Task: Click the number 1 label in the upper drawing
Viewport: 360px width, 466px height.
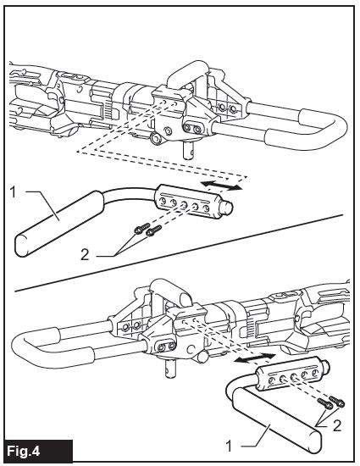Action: pyautogui.click(x=13, y=192)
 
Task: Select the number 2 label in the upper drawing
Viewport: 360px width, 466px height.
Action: pyautogui.click(x=85, y=255)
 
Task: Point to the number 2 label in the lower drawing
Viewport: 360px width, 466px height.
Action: pyautogui.click(x=337, y=426)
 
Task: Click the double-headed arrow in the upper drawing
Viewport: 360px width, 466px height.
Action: pyautogui.click(x=221, y=185)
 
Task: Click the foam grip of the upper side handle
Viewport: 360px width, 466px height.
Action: pyautogui.click(x=59, y=224)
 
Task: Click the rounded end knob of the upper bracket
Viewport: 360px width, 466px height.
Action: pyautogui.click(x=228, y=207)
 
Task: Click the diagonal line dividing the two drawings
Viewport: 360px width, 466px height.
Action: pyautogui.click(x=179, y=252)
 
